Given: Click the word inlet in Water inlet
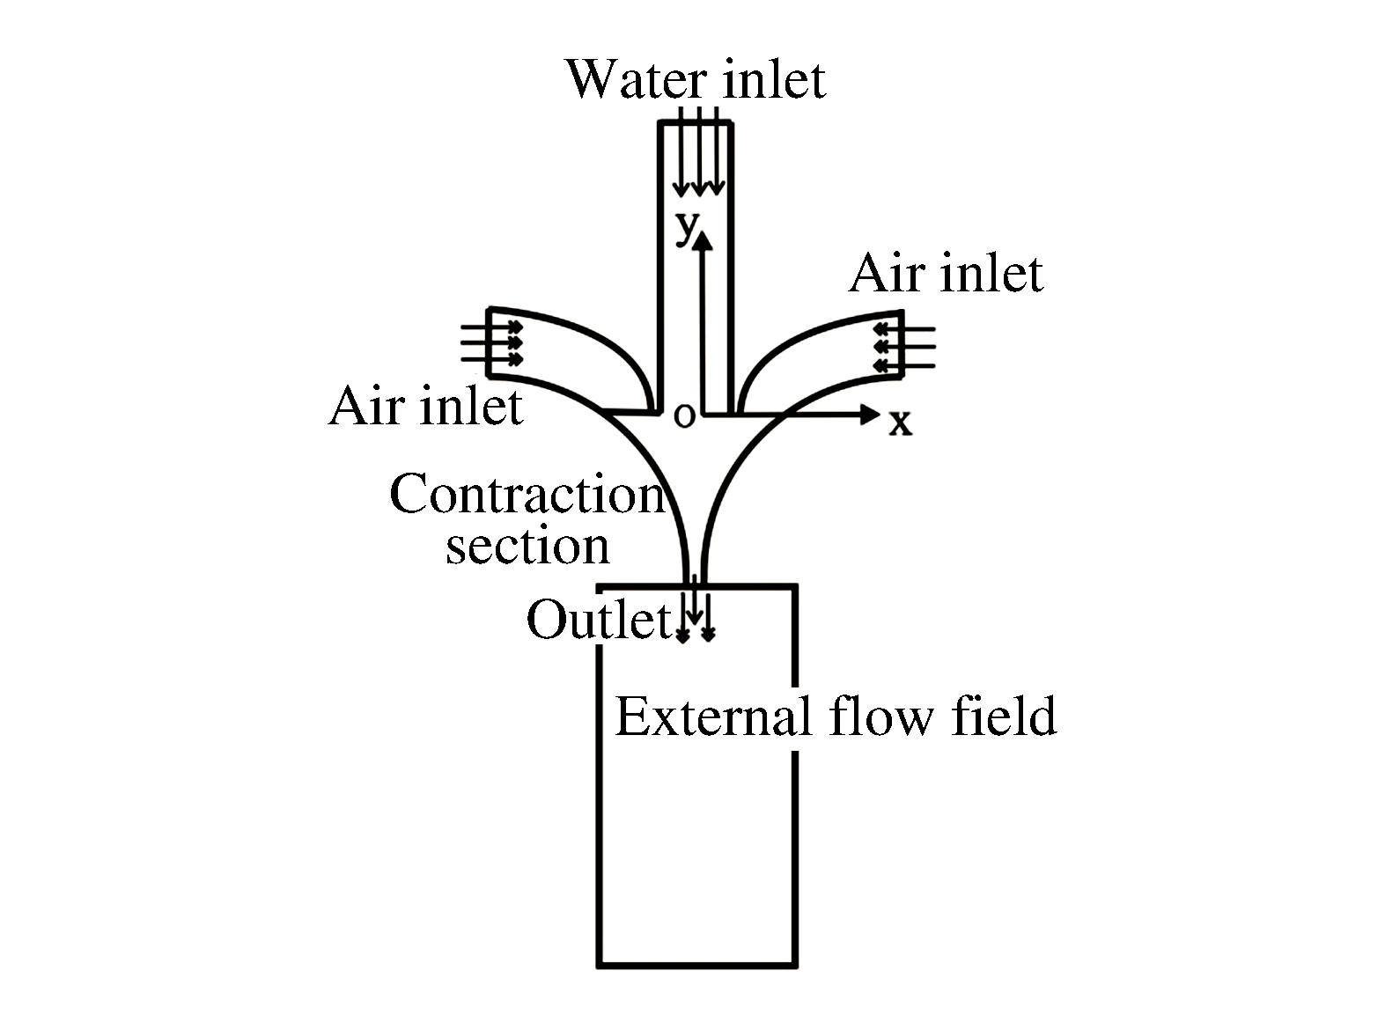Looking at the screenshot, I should (774, 80).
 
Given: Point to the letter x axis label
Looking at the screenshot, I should (899, 423).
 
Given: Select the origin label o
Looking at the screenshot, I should (683, 415).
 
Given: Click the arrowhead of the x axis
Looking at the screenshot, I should (871, 414).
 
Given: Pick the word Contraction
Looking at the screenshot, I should (526, 495).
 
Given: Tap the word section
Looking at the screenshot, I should (527, 546).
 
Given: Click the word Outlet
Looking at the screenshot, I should (599, 620).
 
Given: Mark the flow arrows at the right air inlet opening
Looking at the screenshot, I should (903, 347).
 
